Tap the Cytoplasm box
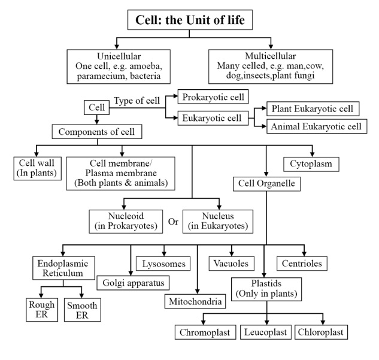click(x=311, y=162)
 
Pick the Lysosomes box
click(x=164, y=263)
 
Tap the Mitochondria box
click(x=196, y=301)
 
